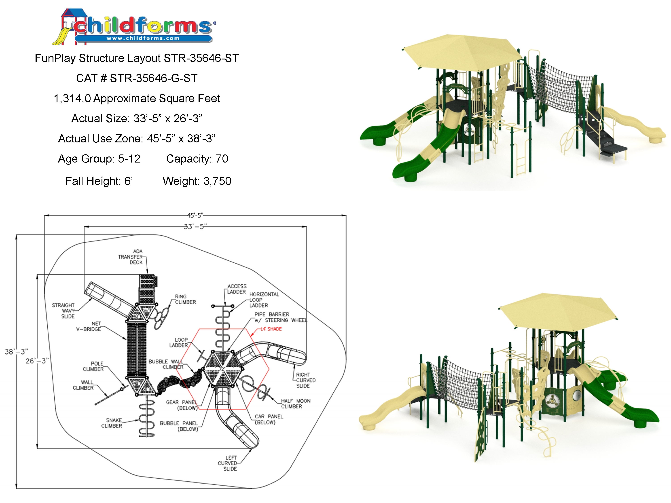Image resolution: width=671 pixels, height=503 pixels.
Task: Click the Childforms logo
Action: click(134, 27)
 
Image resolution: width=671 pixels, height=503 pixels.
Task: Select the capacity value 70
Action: click(222, 159)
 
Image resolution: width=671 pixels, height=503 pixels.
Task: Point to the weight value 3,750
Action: click(217, 181)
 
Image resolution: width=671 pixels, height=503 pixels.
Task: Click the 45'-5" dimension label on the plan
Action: click(195, 216)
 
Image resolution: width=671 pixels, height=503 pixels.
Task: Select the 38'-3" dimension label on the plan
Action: click(16, 352)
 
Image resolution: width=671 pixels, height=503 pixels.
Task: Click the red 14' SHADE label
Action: click(271, 329)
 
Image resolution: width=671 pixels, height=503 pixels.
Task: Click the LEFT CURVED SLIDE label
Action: click(228, 463)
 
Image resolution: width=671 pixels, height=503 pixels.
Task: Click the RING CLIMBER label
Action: click(185, 299)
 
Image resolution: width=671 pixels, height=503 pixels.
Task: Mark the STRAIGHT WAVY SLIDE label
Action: click(64, 311)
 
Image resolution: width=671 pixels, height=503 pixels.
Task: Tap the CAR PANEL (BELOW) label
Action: click(269, 419)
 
